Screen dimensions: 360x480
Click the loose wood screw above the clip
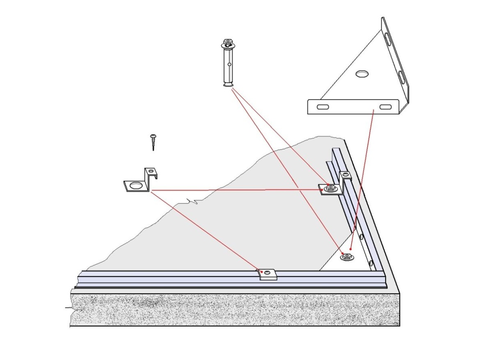(x=153, y=142)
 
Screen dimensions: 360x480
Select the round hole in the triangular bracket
(x=362, y=74)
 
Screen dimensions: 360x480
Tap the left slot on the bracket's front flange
(x=323, y=107)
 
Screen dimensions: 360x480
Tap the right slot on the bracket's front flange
(x=385, y=107)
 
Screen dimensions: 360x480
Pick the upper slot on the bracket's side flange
(x=388, y=40)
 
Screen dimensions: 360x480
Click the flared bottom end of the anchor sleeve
(x=229, y=84)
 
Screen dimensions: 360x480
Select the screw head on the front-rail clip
(x=267, y=272)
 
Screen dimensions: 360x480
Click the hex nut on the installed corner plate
(x=347, y=257)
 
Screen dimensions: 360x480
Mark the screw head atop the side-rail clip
(x=346, y=175)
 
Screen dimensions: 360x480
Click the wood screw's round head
(x=153, y=136)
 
